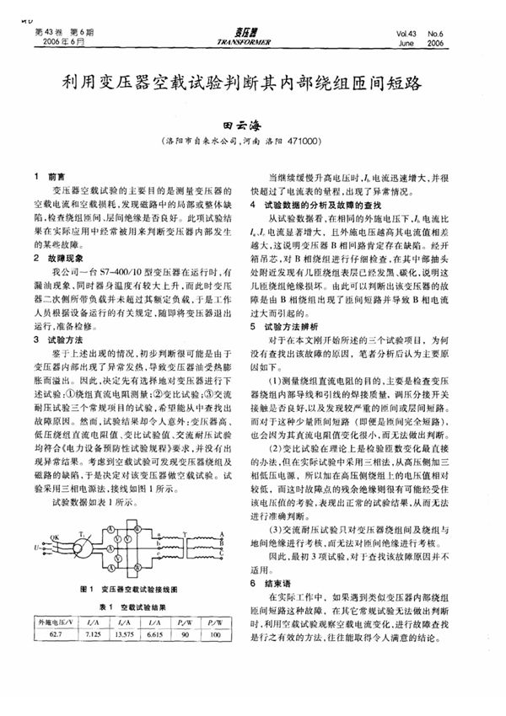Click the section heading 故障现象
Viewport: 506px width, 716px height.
tap(68, 259)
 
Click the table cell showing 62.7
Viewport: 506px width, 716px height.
tap(57, 634)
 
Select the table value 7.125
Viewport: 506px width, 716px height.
tap(94, 634)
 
